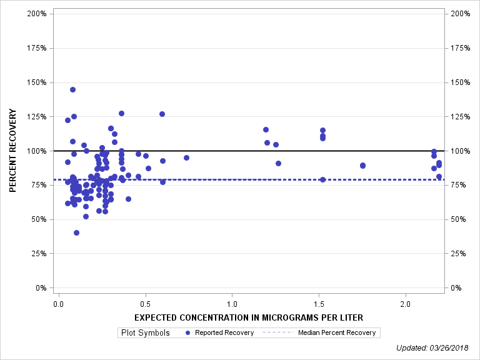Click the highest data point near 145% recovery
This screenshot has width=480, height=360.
72,89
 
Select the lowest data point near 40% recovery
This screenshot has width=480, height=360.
76,232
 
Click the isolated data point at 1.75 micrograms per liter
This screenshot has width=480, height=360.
362,166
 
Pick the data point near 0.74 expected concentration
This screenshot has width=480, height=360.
186,157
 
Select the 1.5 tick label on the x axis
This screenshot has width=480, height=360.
319,304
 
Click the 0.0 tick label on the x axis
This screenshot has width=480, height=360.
58,304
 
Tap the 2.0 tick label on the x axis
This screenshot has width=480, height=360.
406,304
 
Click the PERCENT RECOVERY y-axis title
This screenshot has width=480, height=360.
13,151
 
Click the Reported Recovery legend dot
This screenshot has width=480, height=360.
187,333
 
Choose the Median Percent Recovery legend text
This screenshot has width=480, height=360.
337,333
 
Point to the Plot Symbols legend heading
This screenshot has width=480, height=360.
146,333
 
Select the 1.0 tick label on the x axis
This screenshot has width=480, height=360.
232,304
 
